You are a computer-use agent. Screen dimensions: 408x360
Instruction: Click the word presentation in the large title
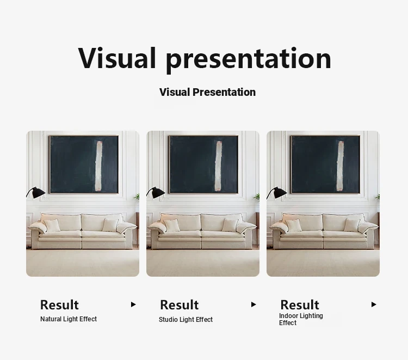coord(249,60)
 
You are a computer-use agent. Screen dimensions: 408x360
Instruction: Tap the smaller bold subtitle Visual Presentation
coord(207,92)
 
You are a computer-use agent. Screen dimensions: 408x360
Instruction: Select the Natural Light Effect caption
coord(69,319)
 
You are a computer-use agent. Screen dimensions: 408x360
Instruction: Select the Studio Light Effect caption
coord(186,320)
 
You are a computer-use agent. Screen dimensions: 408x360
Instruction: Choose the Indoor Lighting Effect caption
coord(301,319)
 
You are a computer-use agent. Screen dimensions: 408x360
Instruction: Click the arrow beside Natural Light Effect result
coord(133,304)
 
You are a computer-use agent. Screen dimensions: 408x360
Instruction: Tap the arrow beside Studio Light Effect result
coord(254,304)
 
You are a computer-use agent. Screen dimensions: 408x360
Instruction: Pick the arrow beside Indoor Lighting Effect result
coord(374,304)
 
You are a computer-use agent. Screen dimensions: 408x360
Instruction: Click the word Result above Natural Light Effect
coord(59,305)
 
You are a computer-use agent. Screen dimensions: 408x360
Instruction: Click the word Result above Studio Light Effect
coord(180,305)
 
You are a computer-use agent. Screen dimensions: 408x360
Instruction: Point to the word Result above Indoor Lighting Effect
coord(300,305)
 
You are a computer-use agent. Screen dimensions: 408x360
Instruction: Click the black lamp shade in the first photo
coord(37,192)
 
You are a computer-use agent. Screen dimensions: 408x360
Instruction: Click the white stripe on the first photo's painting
coord(99,166)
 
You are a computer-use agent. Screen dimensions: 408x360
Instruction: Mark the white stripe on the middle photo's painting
coord(218,166)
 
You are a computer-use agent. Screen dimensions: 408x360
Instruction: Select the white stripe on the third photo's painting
coord(340,166)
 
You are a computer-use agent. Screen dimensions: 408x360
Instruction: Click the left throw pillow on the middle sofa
coord(172,225)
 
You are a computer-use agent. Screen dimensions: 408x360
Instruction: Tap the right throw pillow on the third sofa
coord(352,225)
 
